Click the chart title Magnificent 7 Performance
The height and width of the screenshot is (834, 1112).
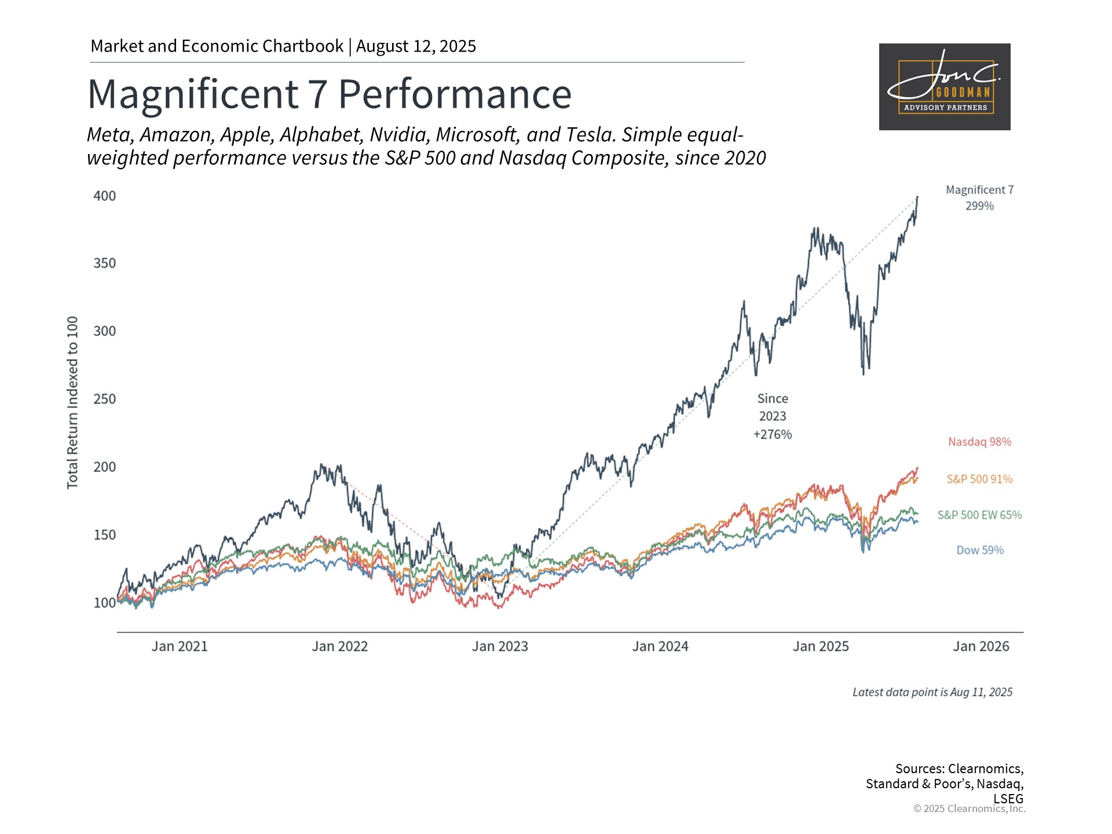tap(330, 94)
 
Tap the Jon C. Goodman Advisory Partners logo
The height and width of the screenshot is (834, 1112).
tap(945, 87)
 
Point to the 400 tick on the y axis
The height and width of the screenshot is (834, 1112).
tap(105, 196)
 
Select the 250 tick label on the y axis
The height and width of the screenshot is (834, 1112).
tap(105, 399)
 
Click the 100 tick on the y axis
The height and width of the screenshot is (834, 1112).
tap(105, 603)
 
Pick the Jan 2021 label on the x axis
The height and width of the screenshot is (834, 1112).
tap(180, 646)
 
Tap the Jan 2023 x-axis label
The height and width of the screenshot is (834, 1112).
tap(500, 646)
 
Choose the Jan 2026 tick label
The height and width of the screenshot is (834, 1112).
tap(981, 646)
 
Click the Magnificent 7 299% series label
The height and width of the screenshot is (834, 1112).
tap(980, 197)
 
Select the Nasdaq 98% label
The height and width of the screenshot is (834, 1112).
tap(980, 442)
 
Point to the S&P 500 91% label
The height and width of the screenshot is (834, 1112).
tap(980, 479)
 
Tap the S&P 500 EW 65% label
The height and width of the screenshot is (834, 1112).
tap(980, 515)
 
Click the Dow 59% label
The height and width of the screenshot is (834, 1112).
tap(980, 550)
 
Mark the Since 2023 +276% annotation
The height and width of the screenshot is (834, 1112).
tap(773, 416)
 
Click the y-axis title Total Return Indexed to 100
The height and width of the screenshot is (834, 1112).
tap(72, 403)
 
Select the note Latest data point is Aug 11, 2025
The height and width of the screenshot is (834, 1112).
tap(932, 692)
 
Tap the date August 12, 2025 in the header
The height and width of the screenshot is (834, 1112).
tap(416, 46)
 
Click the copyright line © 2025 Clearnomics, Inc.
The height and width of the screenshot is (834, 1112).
tap(970, 809)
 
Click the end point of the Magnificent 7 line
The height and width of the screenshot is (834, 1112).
tap(917, 197)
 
